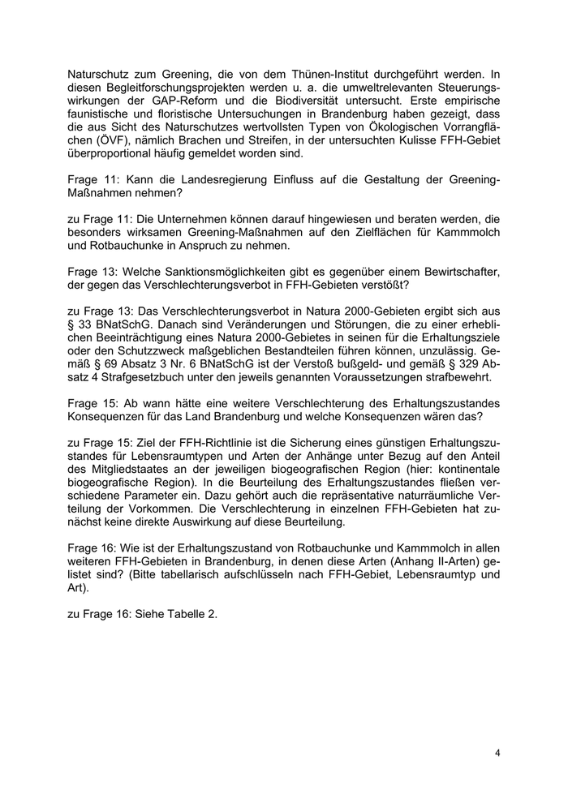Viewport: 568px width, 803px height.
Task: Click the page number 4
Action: (x=497, y=753)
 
